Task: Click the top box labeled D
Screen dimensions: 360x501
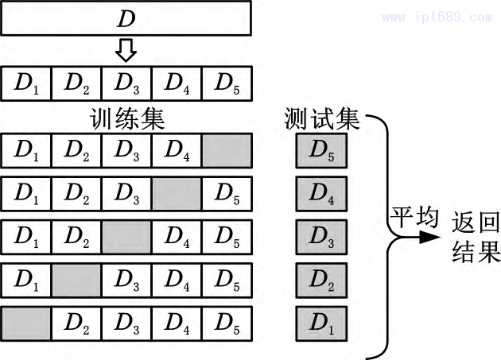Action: (x=127, y=17)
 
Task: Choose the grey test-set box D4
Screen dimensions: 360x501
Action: (x=321, y=192)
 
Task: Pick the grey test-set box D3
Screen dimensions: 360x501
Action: (x=321, y=236)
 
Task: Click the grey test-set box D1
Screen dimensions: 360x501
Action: (x=321, y=323)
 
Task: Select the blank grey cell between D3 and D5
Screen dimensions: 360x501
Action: (x=177, y=192)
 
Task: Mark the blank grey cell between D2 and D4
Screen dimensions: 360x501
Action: (x=126, y=236)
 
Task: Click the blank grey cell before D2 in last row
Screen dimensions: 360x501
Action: (x=26, y=323)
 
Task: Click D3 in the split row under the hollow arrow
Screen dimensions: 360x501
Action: (x=126, y=82)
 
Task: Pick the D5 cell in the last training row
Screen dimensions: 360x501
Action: (x=227, y=323)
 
